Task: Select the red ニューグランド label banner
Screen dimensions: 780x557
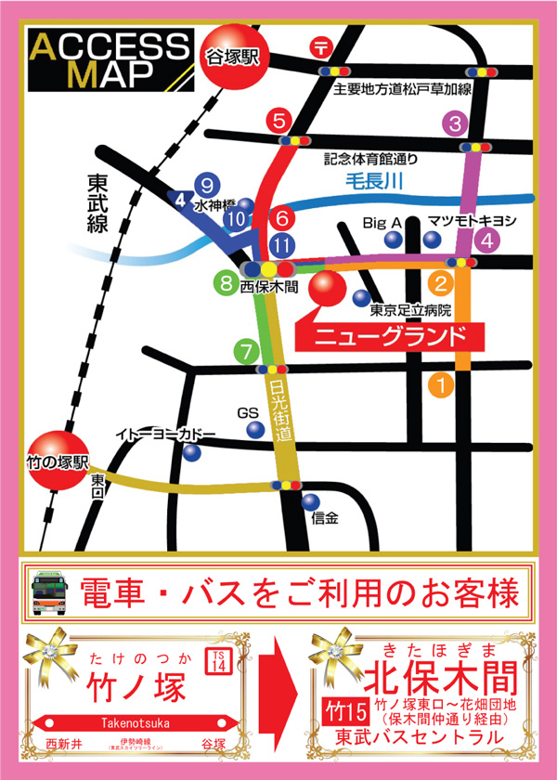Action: pyautogui.click(x=381, y=335)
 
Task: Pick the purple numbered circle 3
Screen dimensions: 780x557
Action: pyautogui.click(x=455, y=123)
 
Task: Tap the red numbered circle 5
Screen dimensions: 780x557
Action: pyautogui.click(x=279, y=120)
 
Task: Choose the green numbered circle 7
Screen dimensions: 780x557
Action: pyautogui.click(x=245, y=352)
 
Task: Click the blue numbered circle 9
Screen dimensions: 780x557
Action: pyautogui.click(x=207, y=184)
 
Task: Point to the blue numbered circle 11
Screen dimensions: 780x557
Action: pyautogui.click(x=283, y=245)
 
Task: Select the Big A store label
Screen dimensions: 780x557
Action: pyautogui.click(x=382, y=223)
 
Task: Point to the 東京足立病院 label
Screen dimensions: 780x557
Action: pyautogui.click(x=409, y=310)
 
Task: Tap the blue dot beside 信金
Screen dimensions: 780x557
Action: pyautogui.click(x=310, y=501)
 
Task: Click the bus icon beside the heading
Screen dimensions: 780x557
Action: pyautogui.click(x=51, y=591)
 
